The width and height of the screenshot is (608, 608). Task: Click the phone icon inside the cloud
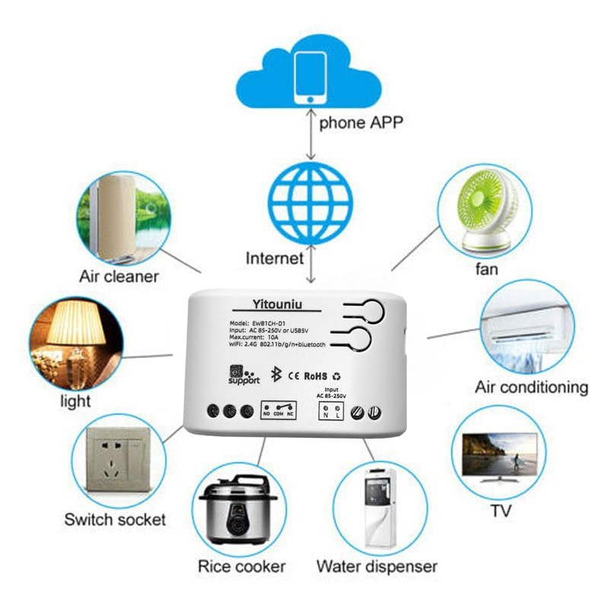[x=310, y=78]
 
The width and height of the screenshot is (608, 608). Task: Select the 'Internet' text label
[x=274, y=258]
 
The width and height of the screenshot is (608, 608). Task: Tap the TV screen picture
[x=499, y=455]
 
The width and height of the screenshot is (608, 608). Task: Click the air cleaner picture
[x=122, y=217]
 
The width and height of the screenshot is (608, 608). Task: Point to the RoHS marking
[x=315, y=375]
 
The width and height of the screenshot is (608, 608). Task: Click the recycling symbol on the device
[x=337, y=375]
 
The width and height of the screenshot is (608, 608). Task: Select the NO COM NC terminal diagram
[x=279, y=410]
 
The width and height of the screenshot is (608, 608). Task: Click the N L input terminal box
[x=331, y=411]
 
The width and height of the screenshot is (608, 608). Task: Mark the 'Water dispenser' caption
[x=377, y=566]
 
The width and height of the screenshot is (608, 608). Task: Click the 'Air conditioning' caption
[x=531, y=387]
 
